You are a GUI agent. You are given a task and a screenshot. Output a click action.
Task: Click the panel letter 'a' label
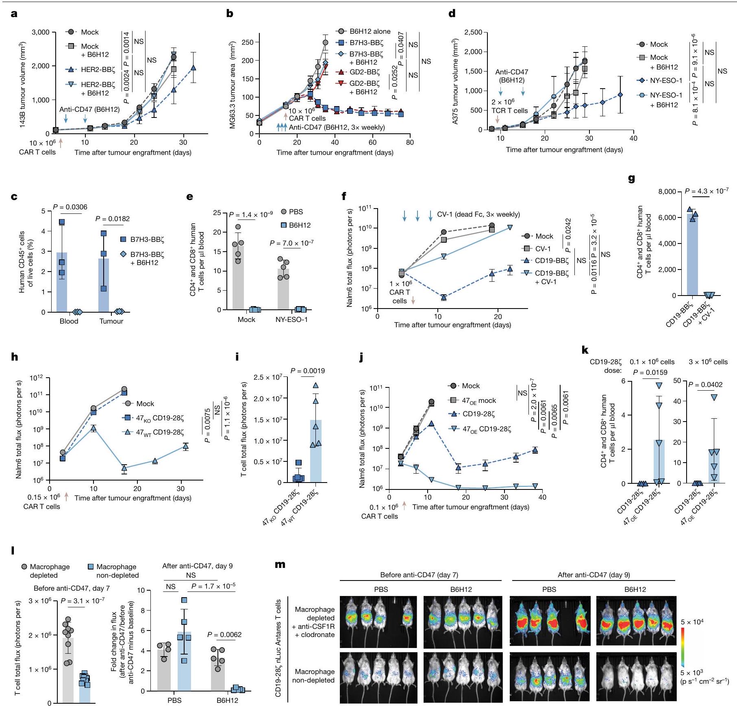[14, 14]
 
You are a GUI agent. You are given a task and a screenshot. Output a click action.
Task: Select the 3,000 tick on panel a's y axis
[40, 32]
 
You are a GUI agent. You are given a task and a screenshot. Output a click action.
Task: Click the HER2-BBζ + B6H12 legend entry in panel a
[95, 89]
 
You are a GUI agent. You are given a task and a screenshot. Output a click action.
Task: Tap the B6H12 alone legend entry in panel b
[370, 31]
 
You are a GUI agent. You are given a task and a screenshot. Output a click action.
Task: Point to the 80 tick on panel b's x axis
[409, 142]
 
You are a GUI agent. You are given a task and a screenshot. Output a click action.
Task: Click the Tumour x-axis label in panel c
[111, 321]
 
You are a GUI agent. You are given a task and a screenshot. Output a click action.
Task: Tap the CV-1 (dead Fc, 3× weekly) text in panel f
[478, 214]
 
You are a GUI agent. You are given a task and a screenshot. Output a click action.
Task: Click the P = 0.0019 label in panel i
[308, 371]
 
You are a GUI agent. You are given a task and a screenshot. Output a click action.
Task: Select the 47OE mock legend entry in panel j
[478, 400]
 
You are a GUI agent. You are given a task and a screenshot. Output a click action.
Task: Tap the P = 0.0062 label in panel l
[224, 635]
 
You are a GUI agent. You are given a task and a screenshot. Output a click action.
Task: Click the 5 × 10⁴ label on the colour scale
[692, 622]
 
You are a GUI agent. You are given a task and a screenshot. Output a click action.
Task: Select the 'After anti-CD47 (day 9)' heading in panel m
[594, 574]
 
